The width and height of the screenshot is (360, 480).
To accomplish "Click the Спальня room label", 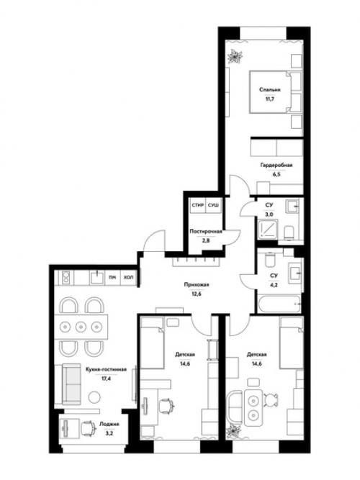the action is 269,90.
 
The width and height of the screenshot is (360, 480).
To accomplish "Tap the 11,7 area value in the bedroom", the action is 270,99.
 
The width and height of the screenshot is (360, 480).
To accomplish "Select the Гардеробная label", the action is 276,166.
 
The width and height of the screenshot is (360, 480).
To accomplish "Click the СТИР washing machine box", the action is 197,205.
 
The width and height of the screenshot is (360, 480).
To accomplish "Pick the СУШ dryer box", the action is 214,205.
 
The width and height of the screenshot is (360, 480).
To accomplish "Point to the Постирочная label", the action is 206,232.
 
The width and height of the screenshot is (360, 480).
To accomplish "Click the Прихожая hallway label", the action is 197,285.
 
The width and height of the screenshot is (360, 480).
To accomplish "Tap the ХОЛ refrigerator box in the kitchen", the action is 129,278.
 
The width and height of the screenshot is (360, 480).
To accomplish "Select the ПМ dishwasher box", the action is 112,278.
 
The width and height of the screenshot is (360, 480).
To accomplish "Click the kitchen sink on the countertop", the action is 97,277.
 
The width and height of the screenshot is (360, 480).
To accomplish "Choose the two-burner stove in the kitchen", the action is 66,278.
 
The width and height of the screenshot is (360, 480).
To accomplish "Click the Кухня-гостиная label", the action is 106,369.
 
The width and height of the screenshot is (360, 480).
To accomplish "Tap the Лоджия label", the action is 109,425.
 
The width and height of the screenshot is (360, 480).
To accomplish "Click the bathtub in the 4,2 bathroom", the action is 279,304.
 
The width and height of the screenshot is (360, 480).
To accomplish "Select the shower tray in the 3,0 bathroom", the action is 269,230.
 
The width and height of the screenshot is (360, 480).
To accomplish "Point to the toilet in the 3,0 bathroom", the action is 289,233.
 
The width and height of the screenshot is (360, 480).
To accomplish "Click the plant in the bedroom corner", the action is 235,56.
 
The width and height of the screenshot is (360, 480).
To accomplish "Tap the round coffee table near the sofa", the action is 94,397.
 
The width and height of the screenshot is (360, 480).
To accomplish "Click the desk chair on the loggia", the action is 88,428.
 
